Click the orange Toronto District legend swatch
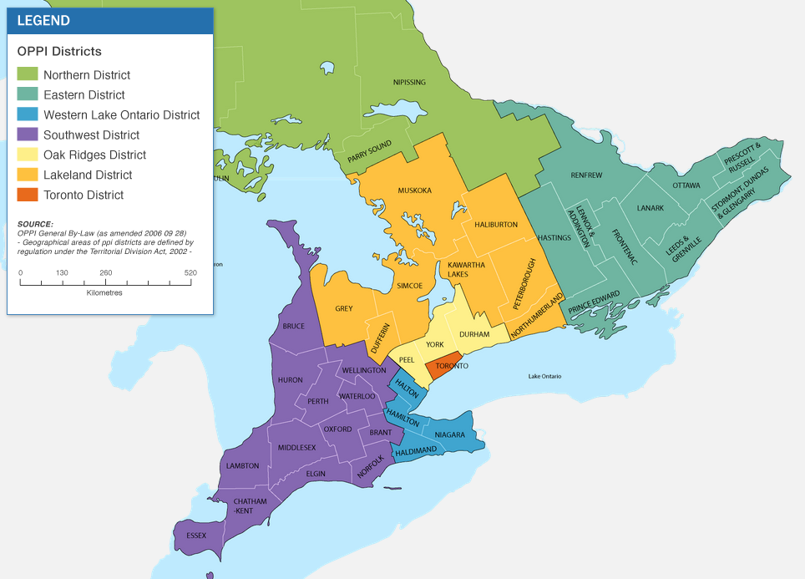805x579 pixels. click(28, 195)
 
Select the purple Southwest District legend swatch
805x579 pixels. click(28, 135)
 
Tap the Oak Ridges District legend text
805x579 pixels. click(94, 155)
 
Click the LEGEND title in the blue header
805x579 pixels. click(43, 21)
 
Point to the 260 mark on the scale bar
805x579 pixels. click(106, 273)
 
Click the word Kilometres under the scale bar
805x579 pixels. click(104, 293)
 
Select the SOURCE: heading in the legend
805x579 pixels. click(35, 224)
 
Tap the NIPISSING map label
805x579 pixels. click(409, 82)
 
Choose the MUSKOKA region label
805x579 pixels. click(415, 190)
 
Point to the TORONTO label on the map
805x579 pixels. click(451, 366)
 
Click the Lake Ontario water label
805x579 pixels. click(545, 376)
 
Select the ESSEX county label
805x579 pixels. click(196, 536)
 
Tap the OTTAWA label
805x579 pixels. click(686, 185)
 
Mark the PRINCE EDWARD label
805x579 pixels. click(594, 302)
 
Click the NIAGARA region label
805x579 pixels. click(449, 434)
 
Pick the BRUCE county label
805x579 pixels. click(293, 326)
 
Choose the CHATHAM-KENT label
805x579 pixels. click(243, 505)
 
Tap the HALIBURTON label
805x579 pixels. click(496, 224)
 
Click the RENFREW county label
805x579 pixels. click(586, 175)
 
